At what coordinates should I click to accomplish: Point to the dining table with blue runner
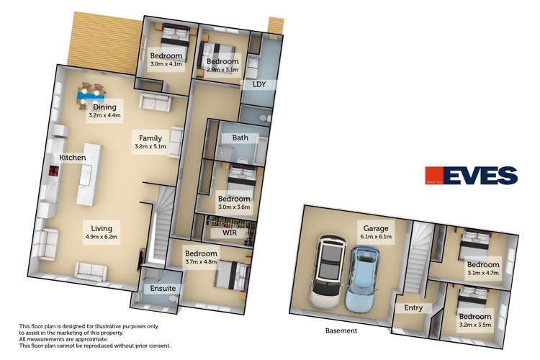(91, 93)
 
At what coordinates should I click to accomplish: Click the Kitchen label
(73, 157)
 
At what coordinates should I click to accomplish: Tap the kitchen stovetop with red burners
(53, 171)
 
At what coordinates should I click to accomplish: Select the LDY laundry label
(259, 84)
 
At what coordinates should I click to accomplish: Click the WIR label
(229, 233)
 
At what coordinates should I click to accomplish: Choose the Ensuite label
(163, 289)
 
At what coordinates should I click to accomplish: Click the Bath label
(240, 138)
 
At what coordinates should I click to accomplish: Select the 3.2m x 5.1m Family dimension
(150, 147)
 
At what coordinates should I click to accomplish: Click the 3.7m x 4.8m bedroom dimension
(201, 263)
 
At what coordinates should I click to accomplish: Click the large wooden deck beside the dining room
(101, 40)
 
